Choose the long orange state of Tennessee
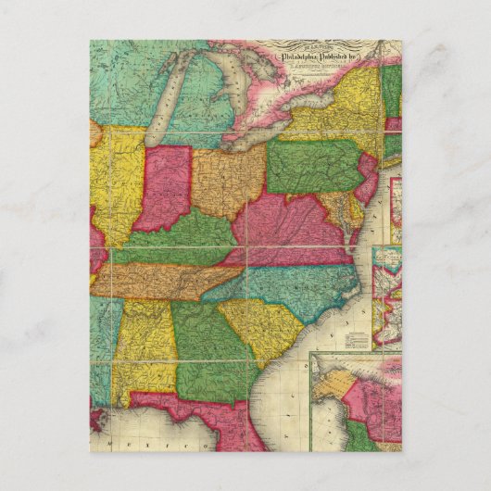pos(167,281)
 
